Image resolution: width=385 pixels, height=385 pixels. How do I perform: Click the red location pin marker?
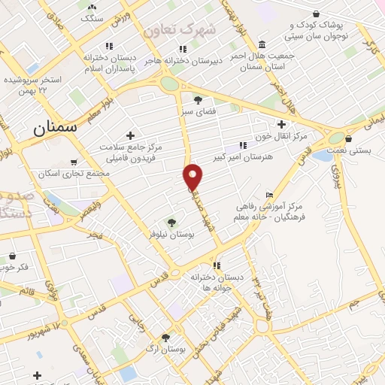[193, 176]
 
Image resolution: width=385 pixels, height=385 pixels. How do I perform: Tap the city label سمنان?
[55, 128]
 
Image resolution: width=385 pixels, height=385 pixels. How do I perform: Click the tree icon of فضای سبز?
[198, 100]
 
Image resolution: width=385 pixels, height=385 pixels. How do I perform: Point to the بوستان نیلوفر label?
[172, 235]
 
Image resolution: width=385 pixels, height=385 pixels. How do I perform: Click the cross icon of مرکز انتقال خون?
[282, 125]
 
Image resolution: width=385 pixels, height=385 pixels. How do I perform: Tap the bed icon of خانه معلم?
[270, 196]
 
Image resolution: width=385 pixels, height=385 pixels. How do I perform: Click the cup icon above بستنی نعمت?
[350, 138]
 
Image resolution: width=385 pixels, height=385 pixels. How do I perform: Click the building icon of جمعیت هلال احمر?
[261, 44]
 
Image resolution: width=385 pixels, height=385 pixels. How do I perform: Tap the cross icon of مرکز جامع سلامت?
[131, 136]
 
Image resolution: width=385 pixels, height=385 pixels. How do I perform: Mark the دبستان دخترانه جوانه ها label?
[217, 282]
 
